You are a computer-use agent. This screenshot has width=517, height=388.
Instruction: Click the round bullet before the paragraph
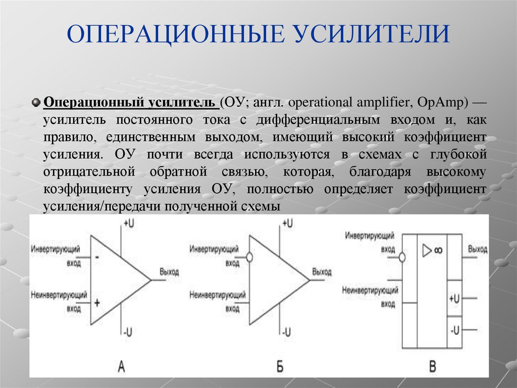35,103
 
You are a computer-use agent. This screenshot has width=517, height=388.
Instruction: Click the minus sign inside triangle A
96,257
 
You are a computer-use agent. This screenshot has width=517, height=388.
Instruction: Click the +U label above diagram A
129,223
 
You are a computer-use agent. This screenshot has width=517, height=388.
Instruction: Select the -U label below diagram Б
286,332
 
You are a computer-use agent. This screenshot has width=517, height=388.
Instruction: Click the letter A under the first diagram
121,366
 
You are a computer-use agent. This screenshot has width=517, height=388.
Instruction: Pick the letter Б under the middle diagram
280,366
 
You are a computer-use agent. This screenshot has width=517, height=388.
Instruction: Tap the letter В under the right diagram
432,366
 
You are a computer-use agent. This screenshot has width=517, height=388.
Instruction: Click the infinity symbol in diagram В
437,250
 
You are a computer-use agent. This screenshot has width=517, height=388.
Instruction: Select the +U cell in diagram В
454,298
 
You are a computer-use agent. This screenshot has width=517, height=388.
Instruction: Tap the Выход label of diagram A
169,272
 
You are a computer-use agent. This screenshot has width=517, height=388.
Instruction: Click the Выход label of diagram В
478,250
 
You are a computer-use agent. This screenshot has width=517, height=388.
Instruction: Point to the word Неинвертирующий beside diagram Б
218,294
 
